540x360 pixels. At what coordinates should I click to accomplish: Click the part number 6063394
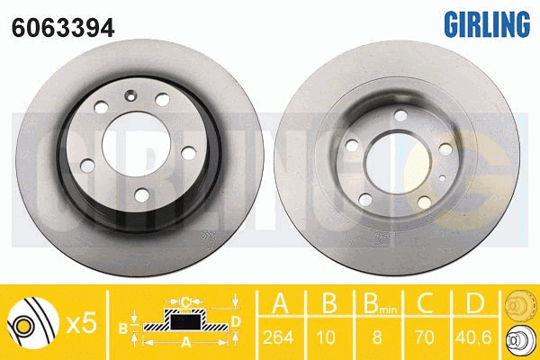(63, 28)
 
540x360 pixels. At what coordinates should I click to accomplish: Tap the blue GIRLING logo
(487, 24)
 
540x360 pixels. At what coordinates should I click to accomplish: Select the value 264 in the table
(278, 337)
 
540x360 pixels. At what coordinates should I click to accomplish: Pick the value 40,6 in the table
(473, 337)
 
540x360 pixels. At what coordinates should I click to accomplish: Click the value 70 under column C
(425, 337)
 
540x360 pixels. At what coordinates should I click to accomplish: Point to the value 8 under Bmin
(377, 337)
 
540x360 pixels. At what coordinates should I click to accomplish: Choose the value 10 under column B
(326, 337)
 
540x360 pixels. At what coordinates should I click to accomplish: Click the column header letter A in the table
(280, 303)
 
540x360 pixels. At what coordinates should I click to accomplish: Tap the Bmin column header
(380, 304)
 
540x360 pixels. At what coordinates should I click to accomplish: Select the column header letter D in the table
(475, 303)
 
